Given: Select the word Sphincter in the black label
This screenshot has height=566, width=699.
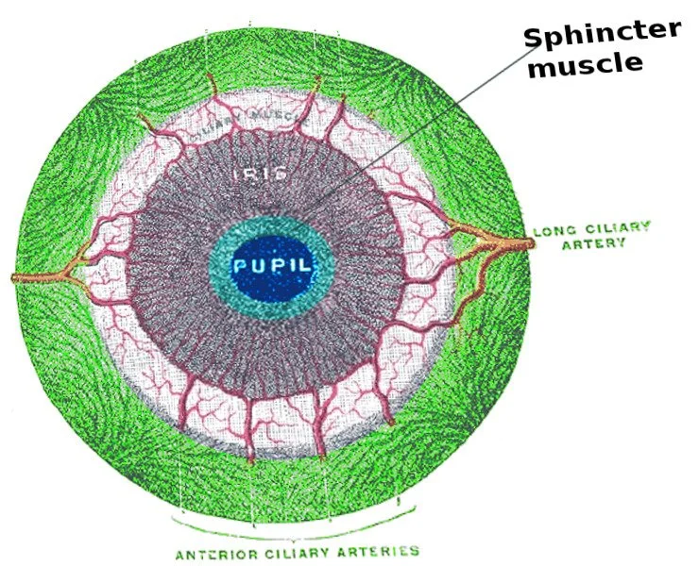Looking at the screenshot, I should pyautogui.click(x=602, y=35).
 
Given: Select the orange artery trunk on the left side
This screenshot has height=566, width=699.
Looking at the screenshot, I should pyautogui.click(x=38, y=278).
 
